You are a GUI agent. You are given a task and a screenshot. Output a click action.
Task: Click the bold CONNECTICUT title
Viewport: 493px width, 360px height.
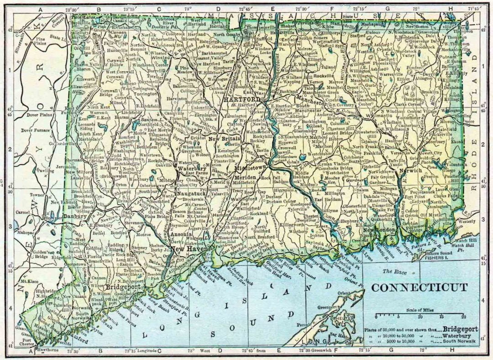pyautogui.click(x=419, y=287)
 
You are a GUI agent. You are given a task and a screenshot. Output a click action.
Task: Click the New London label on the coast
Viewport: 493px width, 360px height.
pyautogui.click(x=378, y=230)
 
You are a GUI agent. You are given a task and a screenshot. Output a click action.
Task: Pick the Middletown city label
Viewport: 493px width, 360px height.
pyautogui.click(x=250, y=168)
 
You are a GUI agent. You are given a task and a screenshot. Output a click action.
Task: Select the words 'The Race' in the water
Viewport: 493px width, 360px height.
pyautogui.click(x=394, y=271)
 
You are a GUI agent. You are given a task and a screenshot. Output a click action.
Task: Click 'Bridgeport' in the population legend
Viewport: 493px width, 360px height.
pyautogui.click(x=457, y=329)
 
